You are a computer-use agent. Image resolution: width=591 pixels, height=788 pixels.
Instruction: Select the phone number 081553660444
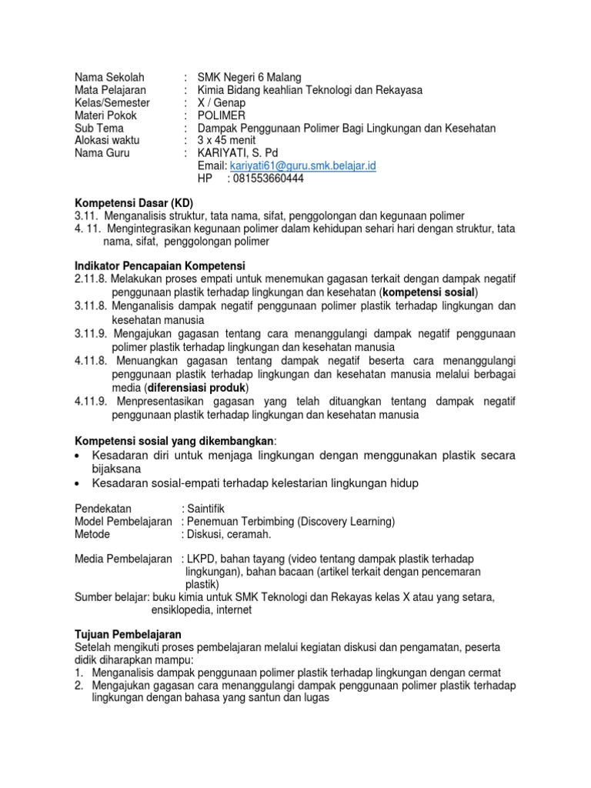265,179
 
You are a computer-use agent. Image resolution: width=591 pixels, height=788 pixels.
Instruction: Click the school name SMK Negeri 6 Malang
249,77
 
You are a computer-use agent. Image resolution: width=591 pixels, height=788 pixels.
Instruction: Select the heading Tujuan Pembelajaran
127,634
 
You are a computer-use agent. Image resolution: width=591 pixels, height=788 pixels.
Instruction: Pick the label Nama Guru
102,153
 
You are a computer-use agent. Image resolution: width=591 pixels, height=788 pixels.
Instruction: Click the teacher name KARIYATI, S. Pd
238,153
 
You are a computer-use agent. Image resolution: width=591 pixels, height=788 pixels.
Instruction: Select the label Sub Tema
98,128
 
